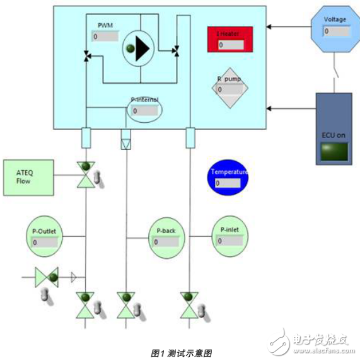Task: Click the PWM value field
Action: coord(105,37)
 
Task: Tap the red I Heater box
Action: coord(231,39)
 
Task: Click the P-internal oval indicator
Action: coord(145,108)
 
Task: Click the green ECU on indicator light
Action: coord(334,152)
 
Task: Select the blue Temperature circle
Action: coord(229,177)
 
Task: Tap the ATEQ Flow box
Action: coord(26,176)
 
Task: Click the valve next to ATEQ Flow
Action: coord(84,174)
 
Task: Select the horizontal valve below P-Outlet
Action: coord(47,277)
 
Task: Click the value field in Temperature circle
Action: coord(228,183)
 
